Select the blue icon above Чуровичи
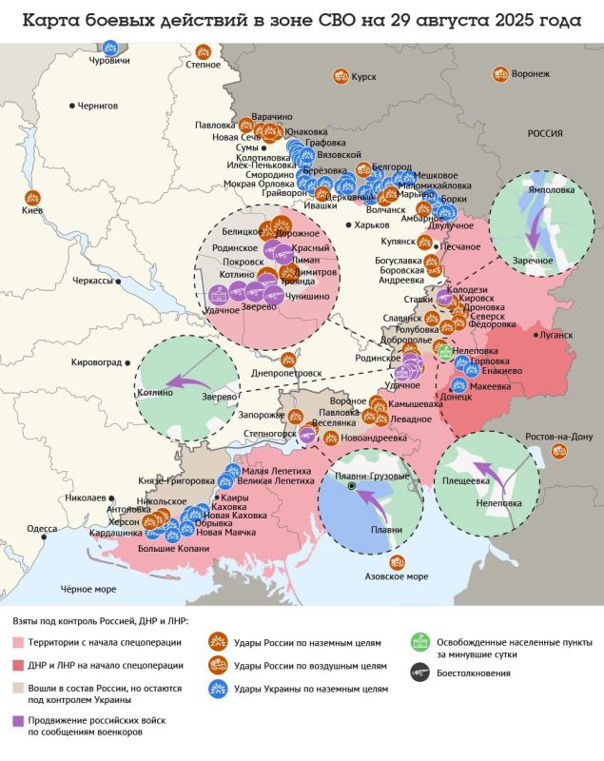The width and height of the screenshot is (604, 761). click(x=112, y=49)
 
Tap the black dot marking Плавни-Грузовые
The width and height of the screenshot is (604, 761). click(x=351, y=486)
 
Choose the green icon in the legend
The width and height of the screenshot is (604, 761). click(x=417, y=641)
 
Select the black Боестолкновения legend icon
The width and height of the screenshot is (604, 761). click(x=417, y=673)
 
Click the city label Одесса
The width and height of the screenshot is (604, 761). click(x=42, y=528)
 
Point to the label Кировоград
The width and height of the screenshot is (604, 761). click(x=97, y=362)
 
